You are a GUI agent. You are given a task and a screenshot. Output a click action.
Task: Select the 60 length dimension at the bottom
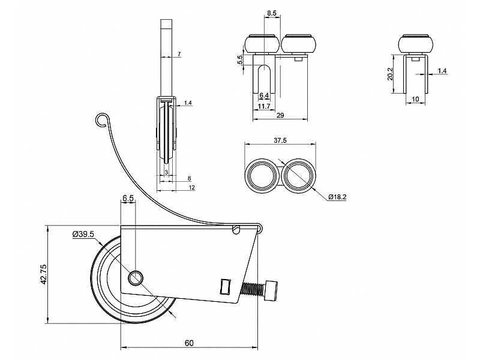(189, 343)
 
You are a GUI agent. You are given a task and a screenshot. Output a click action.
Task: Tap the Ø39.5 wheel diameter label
(83, 234)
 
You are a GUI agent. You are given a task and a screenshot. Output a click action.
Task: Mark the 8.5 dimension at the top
(271, 13)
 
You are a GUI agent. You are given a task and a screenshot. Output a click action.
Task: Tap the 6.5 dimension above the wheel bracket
(128, 197)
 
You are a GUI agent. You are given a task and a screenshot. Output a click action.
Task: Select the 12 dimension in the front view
(190, 187)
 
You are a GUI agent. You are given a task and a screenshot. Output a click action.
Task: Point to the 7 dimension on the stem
(179, 55)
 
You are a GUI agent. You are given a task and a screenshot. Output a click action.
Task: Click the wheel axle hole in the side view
(136, 278)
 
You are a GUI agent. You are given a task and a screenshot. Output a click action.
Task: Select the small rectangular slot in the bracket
(225, 286)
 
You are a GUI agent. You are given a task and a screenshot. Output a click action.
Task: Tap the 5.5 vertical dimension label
(240, 60)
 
